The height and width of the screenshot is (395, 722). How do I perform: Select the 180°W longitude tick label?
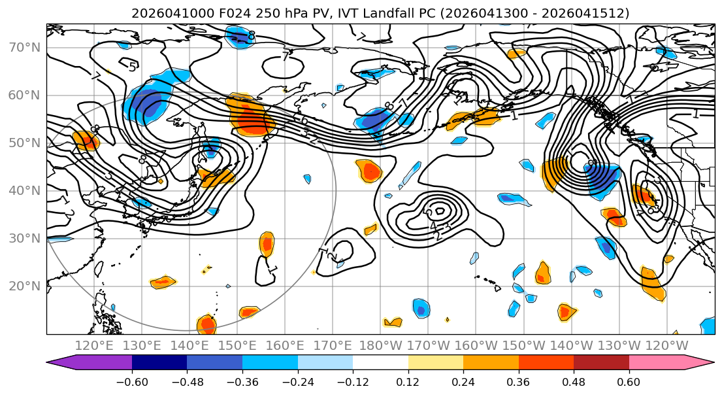381,345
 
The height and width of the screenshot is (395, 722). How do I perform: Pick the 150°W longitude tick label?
524,345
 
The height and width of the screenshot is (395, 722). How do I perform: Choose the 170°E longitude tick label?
333,345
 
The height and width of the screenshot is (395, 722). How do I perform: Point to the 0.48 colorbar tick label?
574,380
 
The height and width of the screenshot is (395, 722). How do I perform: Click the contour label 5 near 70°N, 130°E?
132,67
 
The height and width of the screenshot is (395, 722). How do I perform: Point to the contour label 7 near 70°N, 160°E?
285,57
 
